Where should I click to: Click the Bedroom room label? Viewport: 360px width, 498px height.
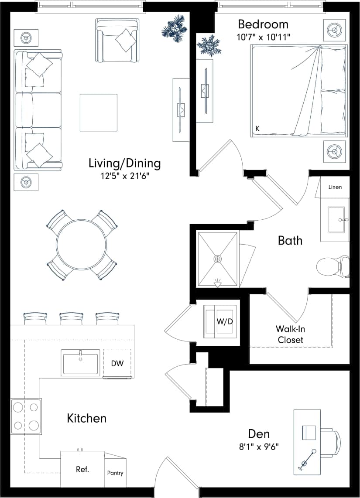point(263,24)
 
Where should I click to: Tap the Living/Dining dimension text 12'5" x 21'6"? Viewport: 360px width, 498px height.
point(124,177)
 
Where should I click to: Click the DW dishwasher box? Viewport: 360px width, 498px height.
point(117,363)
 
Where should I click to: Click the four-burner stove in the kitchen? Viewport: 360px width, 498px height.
point(26,416)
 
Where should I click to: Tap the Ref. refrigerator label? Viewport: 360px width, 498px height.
point(82,470)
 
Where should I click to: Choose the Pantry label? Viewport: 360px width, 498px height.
point(115,473)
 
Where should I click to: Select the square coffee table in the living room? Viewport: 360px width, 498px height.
point(98,113)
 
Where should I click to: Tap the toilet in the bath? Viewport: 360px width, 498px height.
point(333,266)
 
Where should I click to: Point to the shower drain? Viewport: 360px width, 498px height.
point(217,259)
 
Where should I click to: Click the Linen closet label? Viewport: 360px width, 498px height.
point(335,187)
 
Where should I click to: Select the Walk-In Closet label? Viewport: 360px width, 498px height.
point(290,334)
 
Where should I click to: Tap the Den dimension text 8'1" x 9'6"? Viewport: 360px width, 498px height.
point(259,446)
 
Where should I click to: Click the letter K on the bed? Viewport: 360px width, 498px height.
point(257,129)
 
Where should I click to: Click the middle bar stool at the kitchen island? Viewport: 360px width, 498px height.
point(69,318)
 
